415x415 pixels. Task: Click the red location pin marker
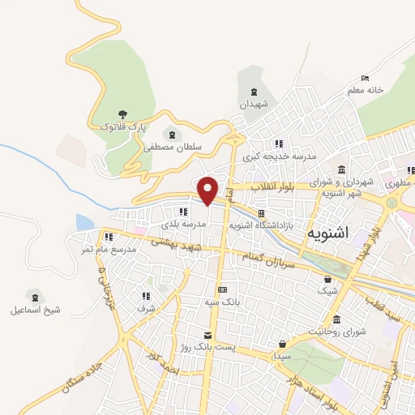point(208,190)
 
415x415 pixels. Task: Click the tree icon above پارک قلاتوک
point(122,114)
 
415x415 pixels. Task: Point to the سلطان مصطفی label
point(172,148)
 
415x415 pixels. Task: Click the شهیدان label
point(258,105)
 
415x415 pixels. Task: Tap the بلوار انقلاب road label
point(280,187)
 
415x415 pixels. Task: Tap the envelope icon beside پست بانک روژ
point(208,335)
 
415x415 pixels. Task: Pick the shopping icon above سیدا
point(282,344)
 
